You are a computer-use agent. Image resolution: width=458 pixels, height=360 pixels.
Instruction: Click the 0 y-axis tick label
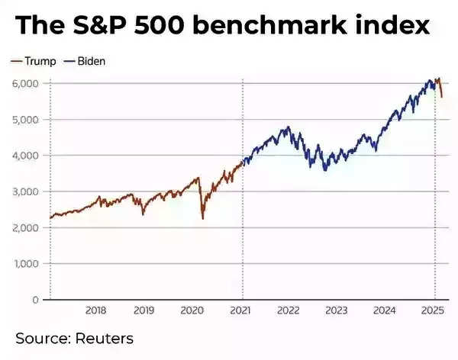pyautogui.click(x=36, y=300)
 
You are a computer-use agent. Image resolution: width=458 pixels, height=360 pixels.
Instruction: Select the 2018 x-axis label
pyautogui.click(x=95, y=310)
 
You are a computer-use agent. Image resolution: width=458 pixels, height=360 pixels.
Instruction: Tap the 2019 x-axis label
pyautogui.click(x=144, y=310)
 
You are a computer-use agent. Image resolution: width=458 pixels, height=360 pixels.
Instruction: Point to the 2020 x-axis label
pyautogui.click(x=192, y=310)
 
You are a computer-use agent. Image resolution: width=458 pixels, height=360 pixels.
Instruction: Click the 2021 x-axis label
pyautogui.click(x=240, y=310)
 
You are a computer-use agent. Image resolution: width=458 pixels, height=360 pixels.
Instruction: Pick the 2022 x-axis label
pyautogui.click(x=289, y=310)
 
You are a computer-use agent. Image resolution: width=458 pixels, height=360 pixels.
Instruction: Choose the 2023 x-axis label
pyautogui.click(x=337, y=310)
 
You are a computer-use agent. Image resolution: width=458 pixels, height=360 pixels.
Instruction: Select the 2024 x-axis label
pyautogui.click(x=385, y=310)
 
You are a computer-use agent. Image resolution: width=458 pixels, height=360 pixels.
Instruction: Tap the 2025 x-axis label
pyautogui.click(x=433, y=310)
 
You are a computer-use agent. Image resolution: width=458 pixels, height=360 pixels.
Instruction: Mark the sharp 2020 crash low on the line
pyautogui.click(x=203, y=219)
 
